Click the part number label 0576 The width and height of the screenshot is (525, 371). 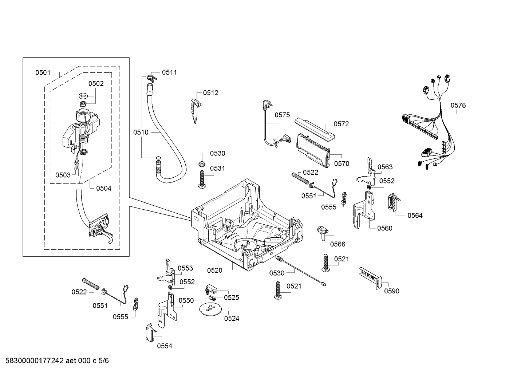tap(458, 106)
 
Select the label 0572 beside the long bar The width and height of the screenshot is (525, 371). tap(341, 124)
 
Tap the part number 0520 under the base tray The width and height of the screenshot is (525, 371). tap(214, 271)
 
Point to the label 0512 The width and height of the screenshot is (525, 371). tap(210, 93)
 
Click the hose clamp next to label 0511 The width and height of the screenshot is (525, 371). tap(152, 78)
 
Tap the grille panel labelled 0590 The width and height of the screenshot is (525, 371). tap(371, 278)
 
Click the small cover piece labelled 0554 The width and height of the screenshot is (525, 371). tap(150, 332)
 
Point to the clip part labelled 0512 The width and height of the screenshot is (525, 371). tap(195, 111)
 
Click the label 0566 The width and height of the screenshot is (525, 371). tap(337, 244)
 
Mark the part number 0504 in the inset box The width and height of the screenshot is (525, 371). tap(104, 189)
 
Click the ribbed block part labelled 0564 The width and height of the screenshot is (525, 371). tap(394, 202)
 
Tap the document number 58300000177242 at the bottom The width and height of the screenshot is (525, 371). tap(35, 361)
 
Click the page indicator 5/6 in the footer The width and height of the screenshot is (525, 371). tap(104, 361)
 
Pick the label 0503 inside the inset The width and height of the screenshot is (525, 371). tap(63, 175)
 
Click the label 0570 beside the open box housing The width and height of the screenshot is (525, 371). tap(342, 163)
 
